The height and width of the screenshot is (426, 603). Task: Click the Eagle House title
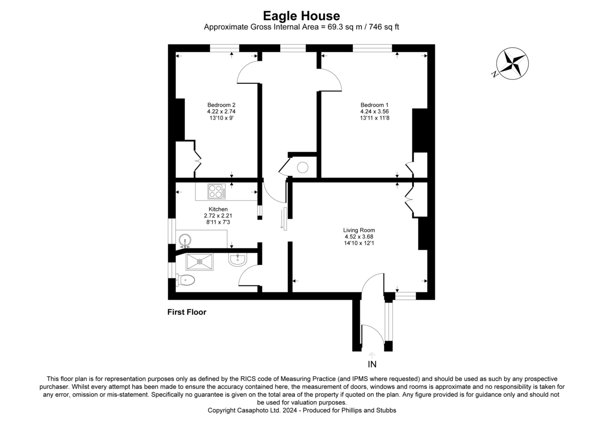(301, 16)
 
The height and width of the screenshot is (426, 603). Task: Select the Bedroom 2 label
(218, 105)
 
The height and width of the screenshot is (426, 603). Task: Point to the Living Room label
(359, 230)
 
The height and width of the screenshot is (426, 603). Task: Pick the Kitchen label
(218, 209)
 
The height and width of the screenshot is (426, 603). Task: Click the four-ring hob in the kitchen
(216, 191)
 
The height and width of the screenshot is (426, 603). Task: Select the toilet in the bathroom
(186, 280)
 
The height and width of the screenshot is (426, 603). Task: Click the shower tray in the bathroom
(199, 262)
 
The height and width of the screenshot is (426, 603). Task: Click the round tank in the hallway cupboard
(304, 168)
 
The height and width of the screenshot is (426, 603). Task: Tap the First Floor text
(187, 312)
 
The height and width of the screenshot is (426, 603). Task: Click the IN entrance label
(372, 364)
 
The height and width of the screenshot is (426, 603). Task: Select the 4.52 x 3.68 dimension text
(359, 237)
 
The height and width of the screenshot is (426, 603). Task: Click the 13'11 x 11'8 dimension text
(374, 118)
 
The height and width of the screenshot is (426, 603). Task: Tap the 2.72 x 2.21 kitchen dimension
(218, 216)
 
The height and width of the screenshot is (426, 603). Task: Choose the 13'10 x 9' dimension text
(218, 118)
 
